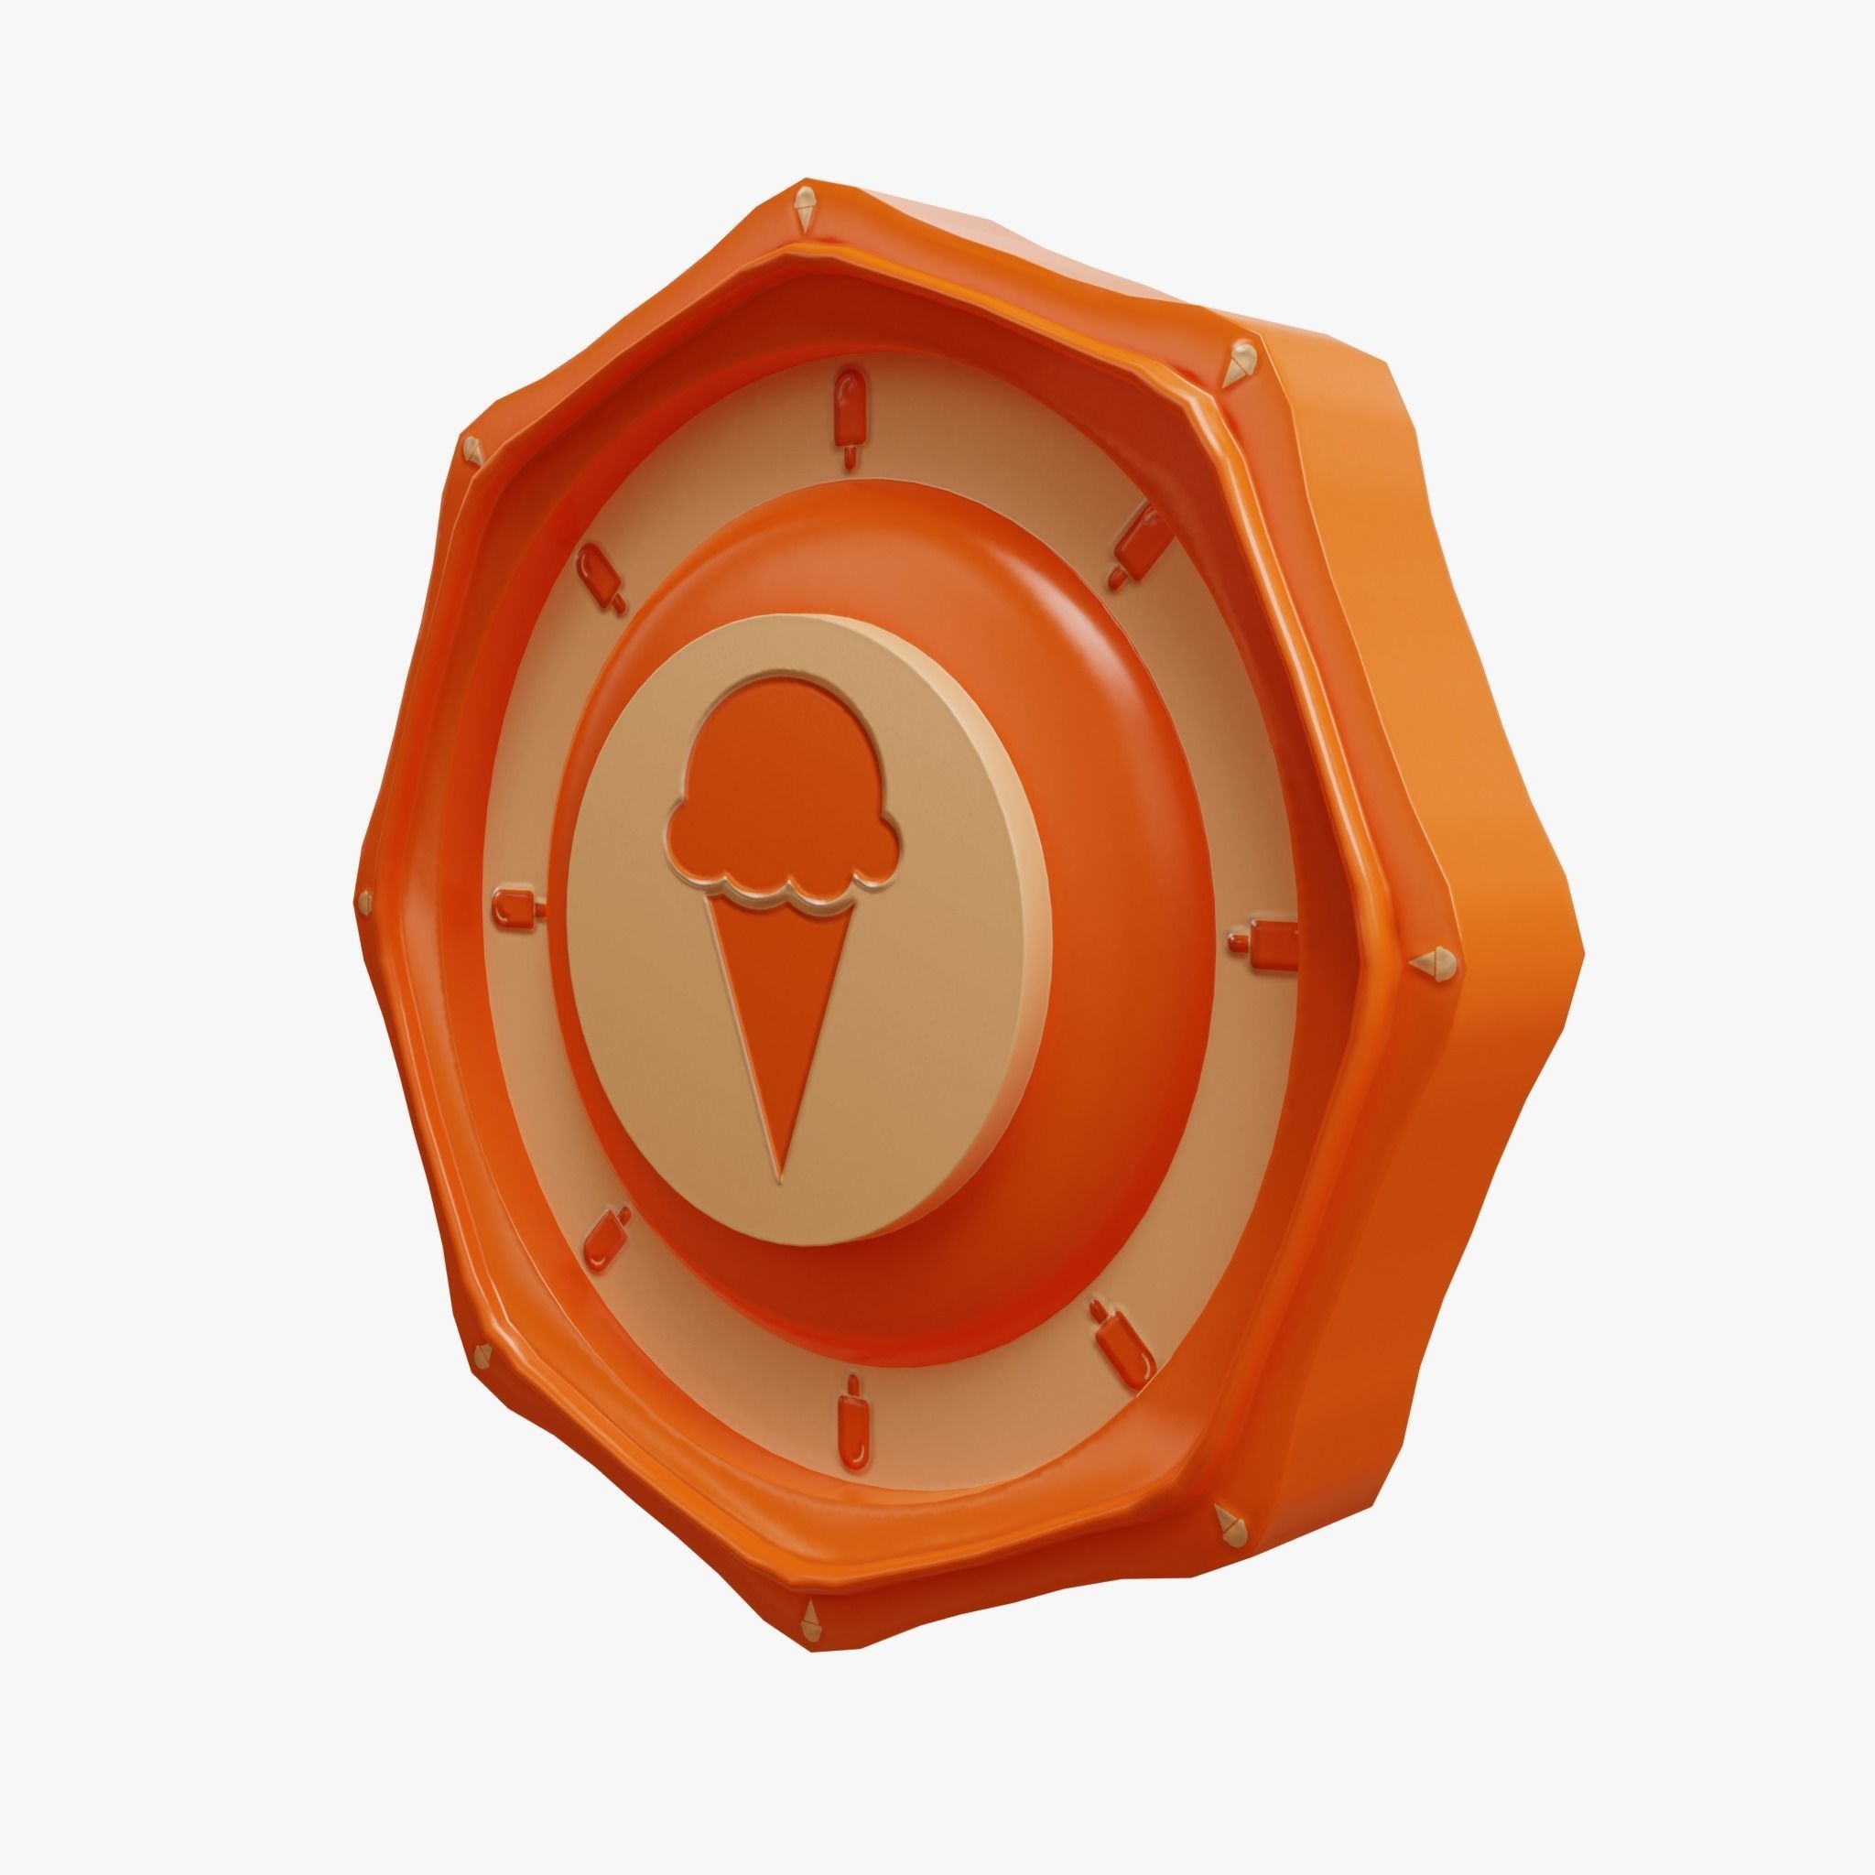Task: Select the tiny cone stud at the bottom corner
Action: (x=807, y=1614)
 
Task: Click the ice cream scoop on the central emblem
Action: (x=770, y=796)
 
